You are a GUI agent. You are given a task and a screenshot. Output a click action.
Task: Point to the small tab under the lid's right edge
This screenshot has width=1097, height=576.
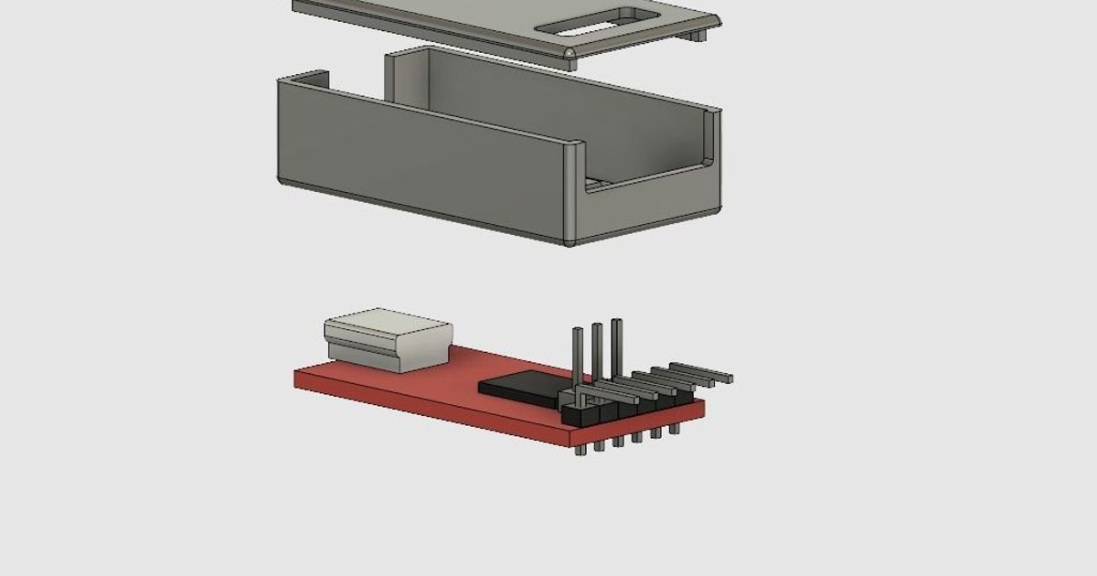coord(697,36)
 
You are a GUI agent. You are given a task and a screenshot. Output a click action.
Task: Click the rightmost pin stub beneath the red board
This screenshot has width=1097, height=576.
coord(675,427)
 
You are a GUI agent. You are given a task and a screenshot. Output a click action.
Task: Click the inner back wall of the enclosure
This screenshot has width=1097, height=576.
coord(548,101)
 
